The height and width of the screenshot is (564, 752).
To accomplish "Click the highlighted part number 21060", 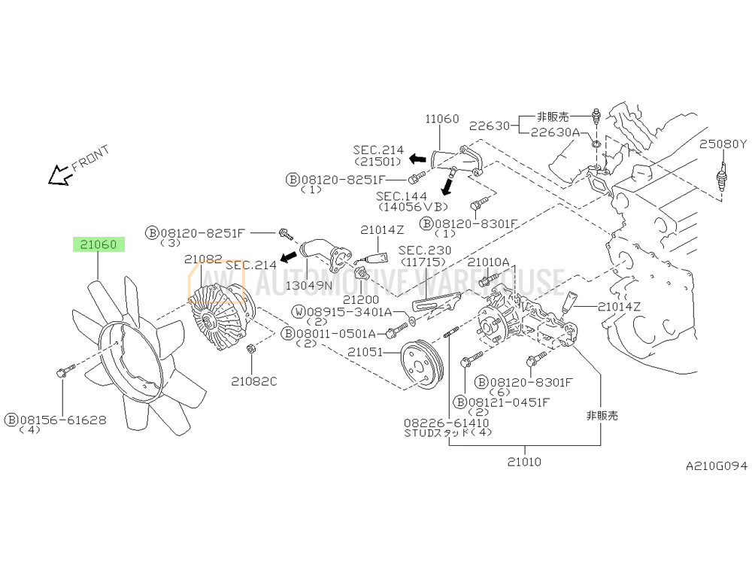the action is pos(99,244).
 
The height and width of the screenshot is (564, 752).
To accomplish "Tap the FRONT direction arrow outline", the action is pos(59,175).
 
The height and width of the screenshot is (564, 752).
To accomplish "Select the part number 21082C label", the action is pos(254,381).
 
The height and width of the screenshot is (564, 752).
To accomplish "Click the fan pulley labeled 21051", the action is pos(423,365).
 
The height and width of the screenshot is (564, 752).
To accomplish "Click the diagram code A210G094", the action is pos(717,465).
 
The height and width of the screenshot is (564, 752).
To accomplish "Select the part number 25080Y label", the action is pos(723,144).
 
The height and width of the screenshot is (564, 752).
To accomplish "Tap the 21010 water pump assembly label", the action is pos(524,462).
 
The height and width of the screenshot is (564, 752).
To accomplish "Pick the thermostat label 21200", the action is pos(361,300).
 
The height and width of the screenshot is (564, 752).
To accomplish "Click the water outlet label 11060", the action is pos(441,119).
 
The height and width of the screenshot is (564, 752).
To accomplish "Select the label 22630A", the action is pos(555,132).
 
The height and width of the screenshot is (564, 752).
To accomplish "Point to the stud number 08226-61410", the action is pos(447,423).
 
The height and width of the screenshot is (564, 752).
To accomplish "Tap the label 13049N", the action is pos(309,285).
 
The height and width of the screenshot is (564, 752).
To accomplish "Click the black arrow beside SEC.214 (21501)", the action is pos(417,158).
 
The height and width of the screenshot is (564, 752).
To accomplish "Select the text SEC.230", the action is pos(425,250).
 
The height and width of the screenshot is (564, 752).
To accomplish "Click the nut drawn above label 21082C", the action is pos(250,348).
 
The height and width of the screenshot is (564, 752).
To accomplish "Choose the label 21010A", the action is pos(488,262).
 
